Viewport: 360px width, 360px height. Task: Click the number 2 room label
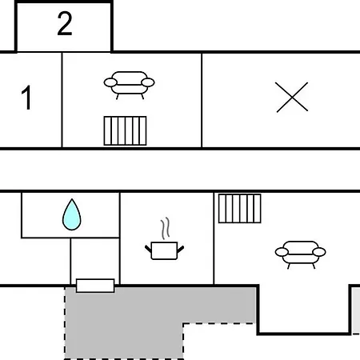(65, 24)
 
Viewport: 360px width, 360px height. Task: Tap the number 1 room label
(26, 98)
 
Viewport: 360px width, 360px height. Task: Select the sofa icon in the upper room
(129, 85)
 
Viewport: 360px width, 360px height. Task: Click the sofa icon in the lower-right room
(300, 254)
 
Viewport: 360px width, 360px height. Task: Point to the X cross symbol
(292, 97)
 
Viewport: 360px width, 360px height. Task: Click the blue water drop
(72, 214)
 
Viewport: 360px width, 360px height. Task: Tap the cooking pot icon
(164, 250)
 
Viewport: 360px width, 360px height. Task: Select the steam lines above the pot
(166, 228)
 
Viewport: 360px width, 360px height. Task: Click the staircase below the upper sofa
(125, 131)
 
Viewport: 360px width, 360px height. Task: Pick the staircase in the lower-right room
(240, 208)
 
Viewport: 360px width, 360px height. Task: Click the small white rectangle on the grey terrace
(95, 286)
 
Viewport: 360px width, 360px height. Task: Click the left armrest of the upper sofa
(110, 82)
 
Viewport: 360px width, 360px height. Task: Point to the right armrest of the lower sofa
(319, 252)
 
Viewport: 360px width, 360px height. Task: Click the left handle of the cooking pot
(148, 249)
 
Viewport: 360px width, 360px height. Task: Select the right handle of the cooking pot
(181, 249)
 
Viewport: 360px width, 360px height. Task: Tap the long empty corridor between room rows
(180, 170)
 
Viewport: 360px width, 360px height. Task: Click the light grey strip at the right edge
(356, 310)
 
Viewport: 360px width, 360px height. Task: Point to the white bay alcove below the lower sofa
(304, 309)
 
